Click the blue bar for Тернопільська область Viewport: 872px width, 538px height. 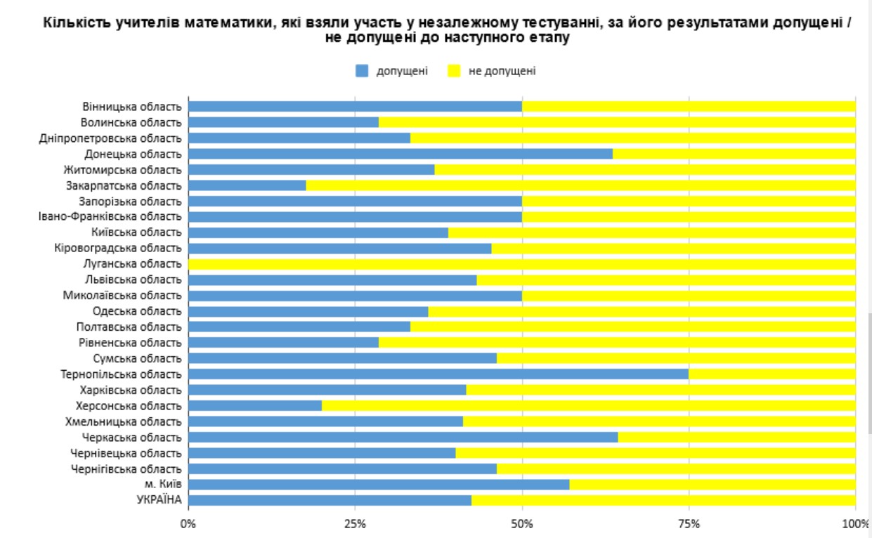coord(438,374)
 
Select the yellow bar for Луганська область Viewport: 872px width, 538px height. coord(521,264)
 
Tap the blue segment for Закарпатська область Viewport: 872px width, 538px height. coord(247,185)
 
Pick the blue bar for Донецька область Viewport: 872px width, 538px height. coord(400,154)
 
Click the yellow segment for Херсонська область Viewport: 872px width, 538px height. coord(588,406)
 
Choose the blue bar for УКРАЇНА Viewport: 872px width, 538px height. coord(330,500)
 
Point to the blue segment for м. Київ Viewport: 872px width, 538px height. coord(378,485)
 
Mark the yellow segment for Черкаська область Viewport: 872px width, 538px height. coord(736,437)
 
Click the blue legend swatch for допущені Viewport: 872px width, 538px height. coord(362,71)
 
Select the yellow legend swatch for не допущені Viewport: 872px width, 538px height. coord(454,71)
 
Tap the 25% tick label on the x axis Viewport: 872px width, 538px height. coord(355,524)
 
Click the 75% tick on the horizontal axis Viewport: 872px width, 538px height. coord(689,524)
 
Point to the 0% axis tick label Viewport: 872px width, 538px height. coord(188,524)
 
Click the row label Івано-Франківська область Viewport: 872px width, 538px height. coord(110,217)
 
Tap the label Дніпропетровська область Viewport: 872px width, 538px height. coord(110,138)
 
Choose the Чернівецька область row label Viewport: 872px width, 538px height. coord(126,453)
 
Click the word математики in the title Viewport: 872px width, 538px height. coord(226,23)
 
